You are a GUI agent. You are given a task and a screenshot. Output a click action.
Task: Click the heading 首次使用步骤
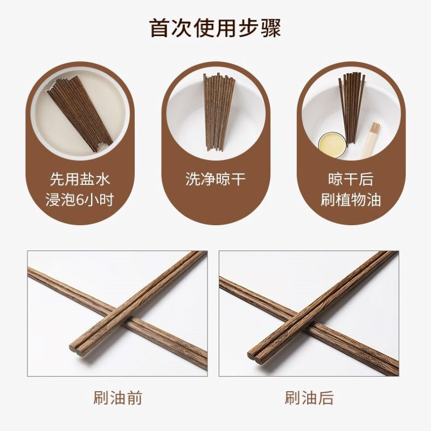[x=215, y=28]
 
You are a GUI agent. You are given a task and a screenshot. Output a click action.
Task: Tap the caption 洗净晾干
[x=215, y=179]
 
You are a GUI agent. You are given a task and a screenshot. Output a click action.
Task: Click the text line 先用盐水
[x=80, y=179]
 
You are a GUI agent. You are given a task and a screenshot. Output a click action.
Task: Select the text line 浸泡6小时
[x=80, y=200]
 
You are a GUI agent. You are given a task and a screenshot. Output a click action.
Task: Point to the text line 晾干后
[x=351, y=179]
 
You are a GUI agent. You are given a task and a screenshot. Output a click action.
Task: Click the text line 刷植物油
[x=351, y=200]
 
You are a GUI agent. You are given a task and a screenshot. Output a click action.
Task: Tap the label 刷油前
[x=117, y=398]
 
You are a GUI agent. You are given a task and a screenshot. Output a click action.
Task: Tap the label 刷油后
[x=309, y=398]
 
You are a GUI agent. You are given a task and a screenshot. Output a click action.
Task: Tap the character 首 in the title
[x=160, y=28]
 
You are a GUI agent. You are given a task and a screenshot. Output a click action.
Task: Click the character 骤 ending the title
[x=271, y=28]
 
